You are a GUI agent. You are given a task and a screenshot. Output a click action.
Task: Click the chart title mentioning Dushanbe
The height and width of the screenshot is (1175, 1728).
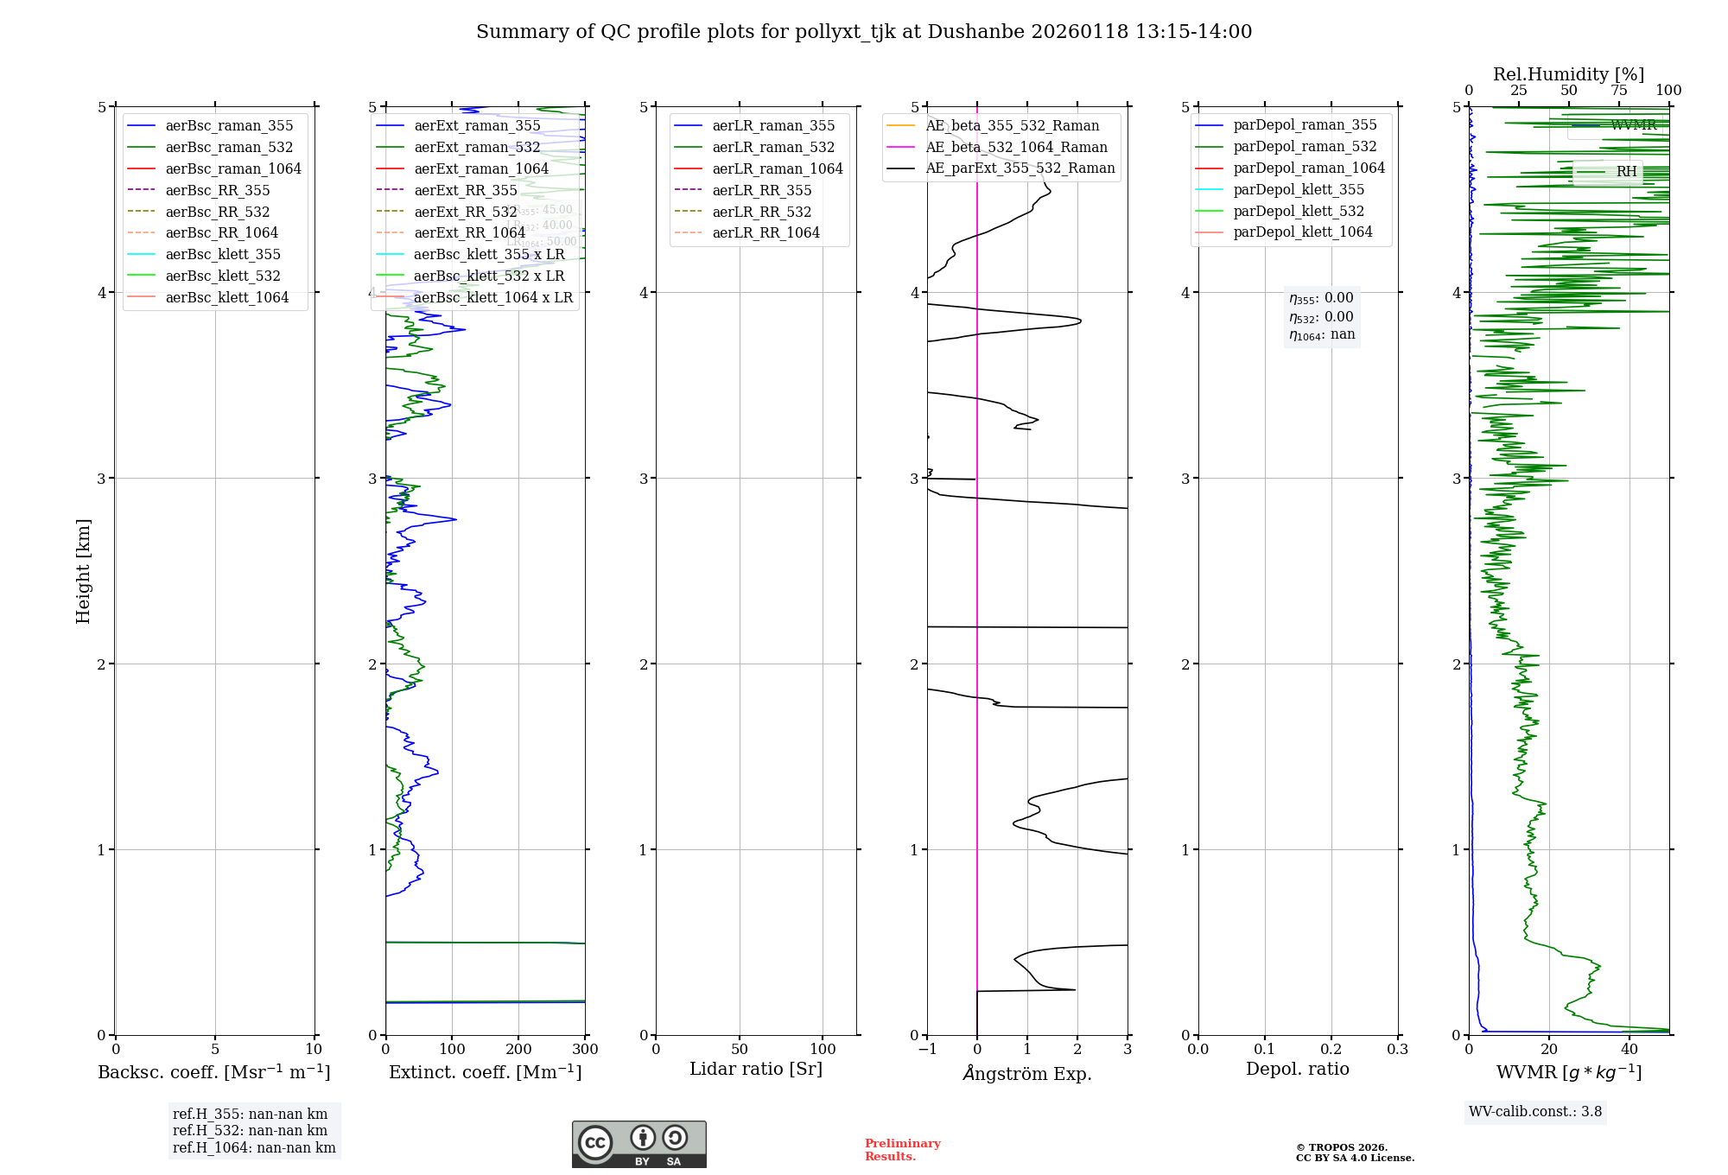pos(864,32)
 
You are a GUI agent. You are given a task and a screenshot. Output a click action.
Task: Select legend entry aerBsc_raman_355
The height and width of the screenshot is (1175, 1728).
pos(229,126)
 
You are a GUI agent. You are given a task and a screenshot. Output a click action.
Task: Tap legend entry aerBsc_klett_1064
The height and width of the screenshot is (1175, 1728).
pos(226,297)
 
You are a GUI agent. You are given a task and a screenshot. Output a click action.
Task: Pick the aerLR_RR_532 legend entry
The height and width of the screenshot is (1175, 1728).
pos(761,212)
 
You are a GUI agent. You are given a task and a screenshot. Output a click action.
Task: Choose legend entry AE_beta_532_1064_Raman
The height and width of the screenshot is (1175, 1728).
pos(1016,147)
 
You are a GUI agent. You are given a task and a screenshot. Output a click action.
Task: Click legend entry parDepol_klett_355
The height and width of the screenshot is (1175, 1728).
pos(1299,189)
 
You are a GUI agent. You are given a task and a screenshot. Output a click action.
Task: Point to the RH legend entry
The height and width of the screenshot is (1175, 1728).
pos(1625,172)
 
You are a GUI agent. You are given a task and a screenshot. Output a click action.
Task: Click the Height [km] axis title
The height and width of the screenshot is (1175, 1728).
pos(83,570)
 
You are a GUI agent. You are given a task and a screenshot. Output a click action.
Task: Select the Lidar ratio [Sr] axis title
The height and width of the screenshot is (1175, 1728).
pos(756,1069)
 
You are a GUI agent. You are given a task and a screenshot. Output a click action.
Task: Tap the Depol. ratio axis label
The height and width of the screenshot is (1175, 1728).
pos(1297,1069)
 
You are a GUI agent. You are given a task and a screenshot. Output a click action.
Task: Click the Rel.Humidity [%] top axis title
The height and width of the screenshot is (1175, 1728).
pos(1568,74)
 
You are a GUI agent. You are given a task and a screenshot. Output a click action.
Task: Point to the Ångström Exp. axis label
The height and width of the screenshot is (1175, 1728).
pos(1027,1073)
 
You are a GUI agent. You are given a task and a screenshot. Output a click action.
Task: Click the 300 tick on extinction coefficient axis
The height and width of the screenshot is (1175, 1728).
pos(586,1050)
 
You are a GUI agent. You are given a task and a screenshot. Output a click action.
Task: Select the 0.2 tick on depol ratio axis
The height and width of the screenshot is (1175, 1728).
pos(1331,1050)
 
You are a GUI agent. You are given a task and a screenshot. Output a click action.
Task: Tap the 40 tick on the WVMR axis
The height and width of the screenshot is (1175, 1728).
pos(1630,1050)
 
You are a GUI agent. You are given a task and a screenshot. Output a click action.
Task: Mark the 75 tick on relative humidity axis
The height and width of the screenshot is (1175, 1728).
pos(1619,91)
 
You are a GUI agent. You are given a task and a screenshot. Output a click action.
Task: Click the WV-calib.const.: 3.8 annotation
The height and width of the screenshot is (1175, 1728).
pos(1535,1112)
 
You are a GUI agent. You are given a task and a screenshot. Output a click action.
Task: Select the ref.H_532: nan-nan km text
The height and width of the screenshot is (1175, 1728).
pos(250,1131)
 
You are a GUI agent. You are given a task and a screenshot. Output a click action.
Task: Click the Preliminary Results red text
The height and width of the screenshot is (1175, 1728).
pos(902,1150)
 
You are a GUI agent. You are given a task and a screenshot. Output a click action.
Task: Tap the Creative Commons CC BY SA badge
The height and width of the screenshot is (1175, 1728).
pos(638,1145)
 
